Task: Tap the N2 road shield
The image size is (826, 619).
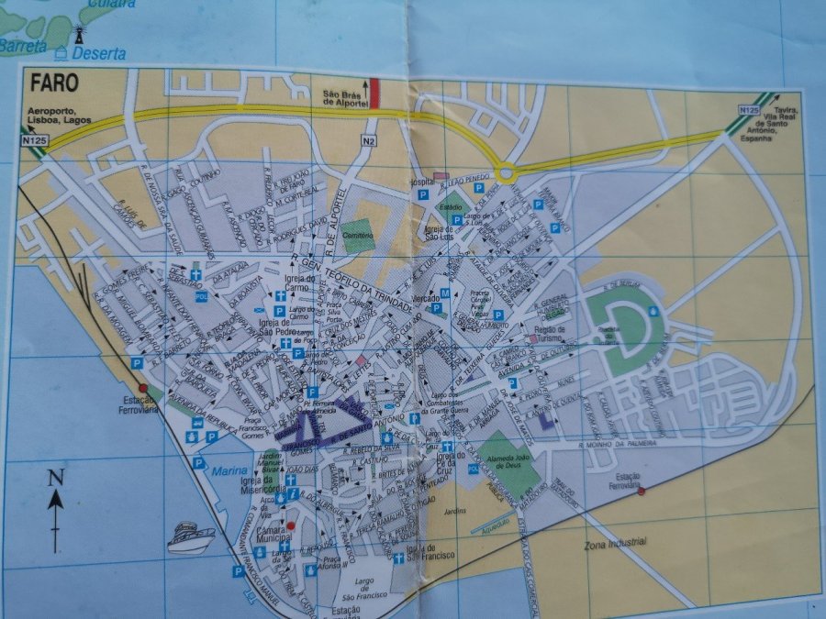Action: pyautogui.click(x=369, y=141)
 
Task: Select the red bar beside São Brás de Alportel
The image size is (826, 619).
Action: pyautogui.click(x=374, y=94)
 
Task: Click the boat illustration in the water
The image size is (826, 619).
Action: pyautogui.click(x=192, y=536)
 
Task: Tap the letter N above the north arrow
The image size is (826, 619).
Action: pyautogui.click(x=55, y=476)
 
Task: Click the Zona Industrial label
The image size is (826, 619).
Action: pyautogui.click(x=616, y=543)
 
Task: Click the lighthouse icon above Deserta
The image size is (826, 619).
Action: pyautogui.click(x=79, y=35)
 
